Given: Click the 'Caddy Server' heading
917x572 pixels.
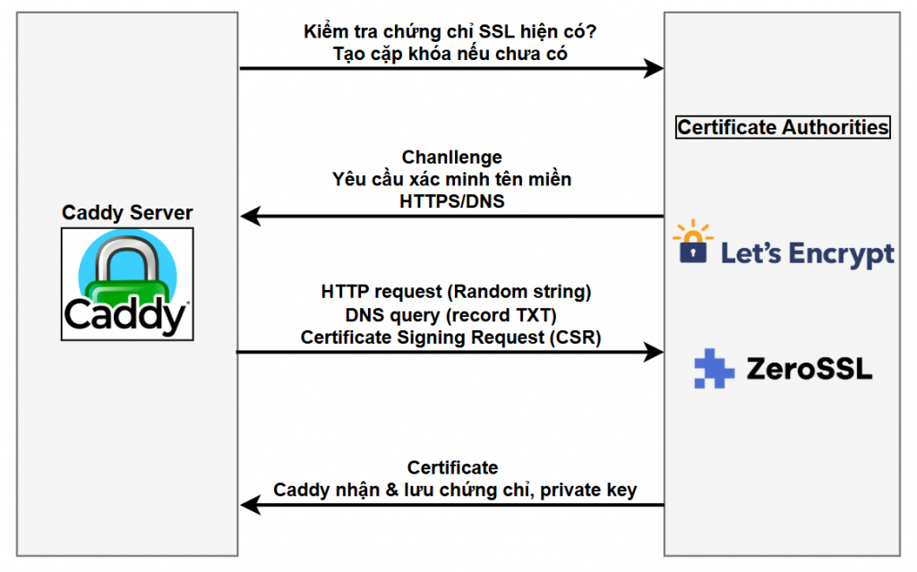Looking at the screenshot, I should click(x=127, y=213).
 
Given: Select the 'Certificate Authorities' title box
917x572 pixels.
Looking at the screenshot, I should click(x=783, y=127).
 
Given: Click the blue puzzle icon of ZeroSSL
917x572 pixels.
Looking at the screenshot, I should click(x=714, y=368).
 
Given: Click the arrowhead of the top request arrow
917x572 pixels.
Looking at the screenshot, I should click(x=656, y=69).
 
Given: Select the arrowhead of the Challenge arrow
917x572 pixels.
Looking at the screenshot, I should click(x=248, y=217).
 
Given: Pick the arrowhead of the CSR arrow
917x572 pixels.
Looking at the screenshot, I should click(x=656, y=353).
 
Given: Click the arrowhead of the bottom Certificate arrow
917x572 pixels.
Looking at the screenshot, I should click(x=248, y=506).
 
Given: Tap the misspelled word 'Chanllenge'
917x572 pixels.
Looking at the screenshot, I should click(x=451, y=158).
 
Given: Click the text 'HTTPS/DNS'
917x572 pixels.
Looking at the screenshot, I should click(x=451, y=201).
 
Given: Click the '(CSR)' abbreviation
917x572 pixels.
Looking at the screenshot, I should click(x=579, y=337).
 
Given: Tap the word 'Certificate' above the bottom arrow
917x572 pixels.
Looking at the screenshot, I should click(x=452, y=467).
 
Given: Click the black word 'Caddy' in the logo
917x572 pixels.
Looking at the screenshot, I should click(x=125, y=316).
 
